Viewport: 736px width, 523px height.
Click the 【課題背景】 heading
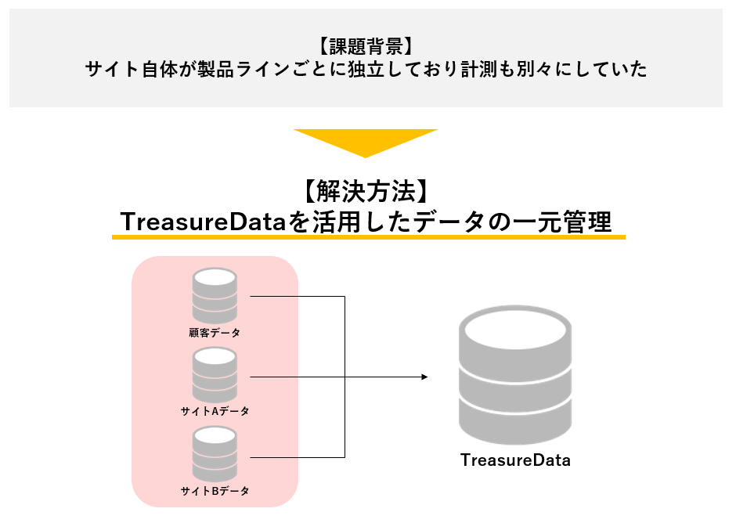click(x=366, y=45)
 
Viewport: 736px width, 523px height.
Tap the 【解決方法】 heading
click(x=365, y=191)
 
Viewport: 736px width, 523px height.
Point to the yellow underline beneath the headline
click(x=368, y=236)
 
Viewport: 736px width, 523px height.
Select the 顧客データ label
click(x=215, y=333)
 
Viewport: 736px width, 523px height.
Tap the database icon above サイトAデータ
click(x=215, y=374)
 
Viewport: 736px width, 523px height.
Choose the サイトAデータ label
click(x=215, y=411)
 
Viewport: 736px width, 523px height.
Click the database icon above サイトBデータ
click(x=215, y=454)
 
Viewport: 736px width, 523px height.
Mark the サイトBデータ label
click(x=215, y=491)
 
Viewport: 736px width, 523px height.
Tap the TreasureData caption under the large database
click(x=515, y=460)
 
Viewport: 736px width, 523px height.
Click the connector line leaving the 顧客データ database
click(x=298, y=297)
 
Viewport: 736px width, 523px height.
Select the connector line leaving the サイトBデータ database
click(x=298, y=456)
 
